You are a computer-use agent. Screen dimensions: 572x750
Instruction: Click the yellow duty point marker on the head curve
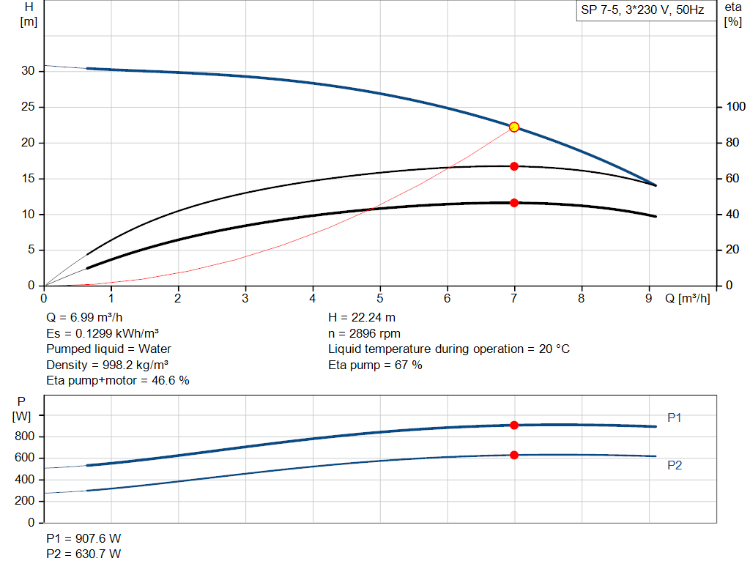coord(514,127)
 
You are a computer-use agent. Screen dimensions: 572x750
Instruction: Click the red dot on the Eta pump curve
coord(514,166)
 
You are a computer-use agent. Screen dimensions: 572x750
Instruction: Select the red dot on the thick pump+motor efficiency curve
coord(514,203)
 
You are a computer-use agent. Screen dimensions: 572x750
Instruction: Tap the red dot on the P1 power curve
coord(514,425)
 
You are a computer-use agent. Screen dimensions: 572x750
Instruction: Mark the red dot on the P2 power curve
coord(514,455)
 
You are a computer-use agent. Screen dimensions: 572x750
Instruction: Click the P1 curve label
coord(675,417)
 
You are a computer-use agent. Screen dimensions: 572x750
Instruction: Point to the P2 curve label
coord(675,465)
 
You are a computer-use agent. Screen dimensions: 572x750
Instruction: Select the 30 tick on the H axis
coord(29,71)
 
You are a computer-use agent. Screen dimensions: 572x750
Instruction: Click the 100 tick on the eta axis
coord(735,108)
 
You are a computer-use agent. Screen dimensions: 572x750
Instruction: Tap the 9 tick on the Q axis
coord(649,298)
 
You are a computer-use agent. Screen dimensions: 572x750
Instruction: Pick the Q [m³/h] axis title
coord(687,298)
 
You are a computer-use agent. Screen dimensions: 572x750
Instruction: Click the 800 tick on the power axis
coord(26,437)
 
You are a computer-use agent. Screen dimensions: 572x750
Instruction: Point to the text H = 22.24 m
coord(363,317)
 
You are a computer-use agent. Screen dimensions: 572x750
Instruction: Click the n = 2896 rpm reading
coord(365,333)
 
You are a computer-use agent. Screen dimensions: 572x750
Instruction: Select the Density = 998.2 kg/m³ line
coord(103,365)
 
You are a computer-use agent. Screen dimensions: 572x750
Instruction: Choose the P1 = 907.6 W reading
coord(84,538)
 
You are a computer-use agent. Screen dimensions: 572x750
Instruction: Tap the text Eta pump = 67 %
coord(375,365)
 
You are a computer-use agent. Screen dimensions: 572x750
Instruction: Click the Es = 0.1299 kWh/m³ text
coord(103,333)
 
